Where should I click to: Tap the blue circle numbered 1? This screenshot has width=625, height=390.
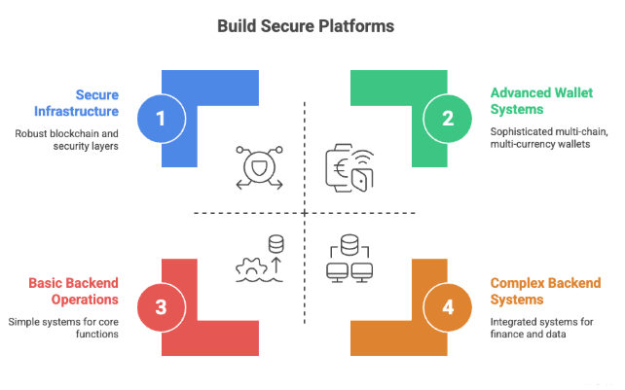click(162, 119)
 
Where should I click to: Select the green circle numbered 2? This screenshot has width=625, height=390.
click(448, 119)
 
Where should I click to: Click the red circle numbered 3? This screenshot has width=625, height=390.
click(162, 307)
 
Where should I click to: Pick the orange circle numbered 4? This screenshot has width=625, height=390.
click(448, 307)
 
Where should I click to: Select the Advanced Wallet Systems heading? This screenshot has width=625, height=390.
click(533, 102)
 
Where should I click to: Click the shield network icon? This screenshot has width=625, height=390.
click(258, 167)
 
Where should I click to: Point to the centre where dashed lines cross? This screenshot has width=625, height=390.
click(305, 212)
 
